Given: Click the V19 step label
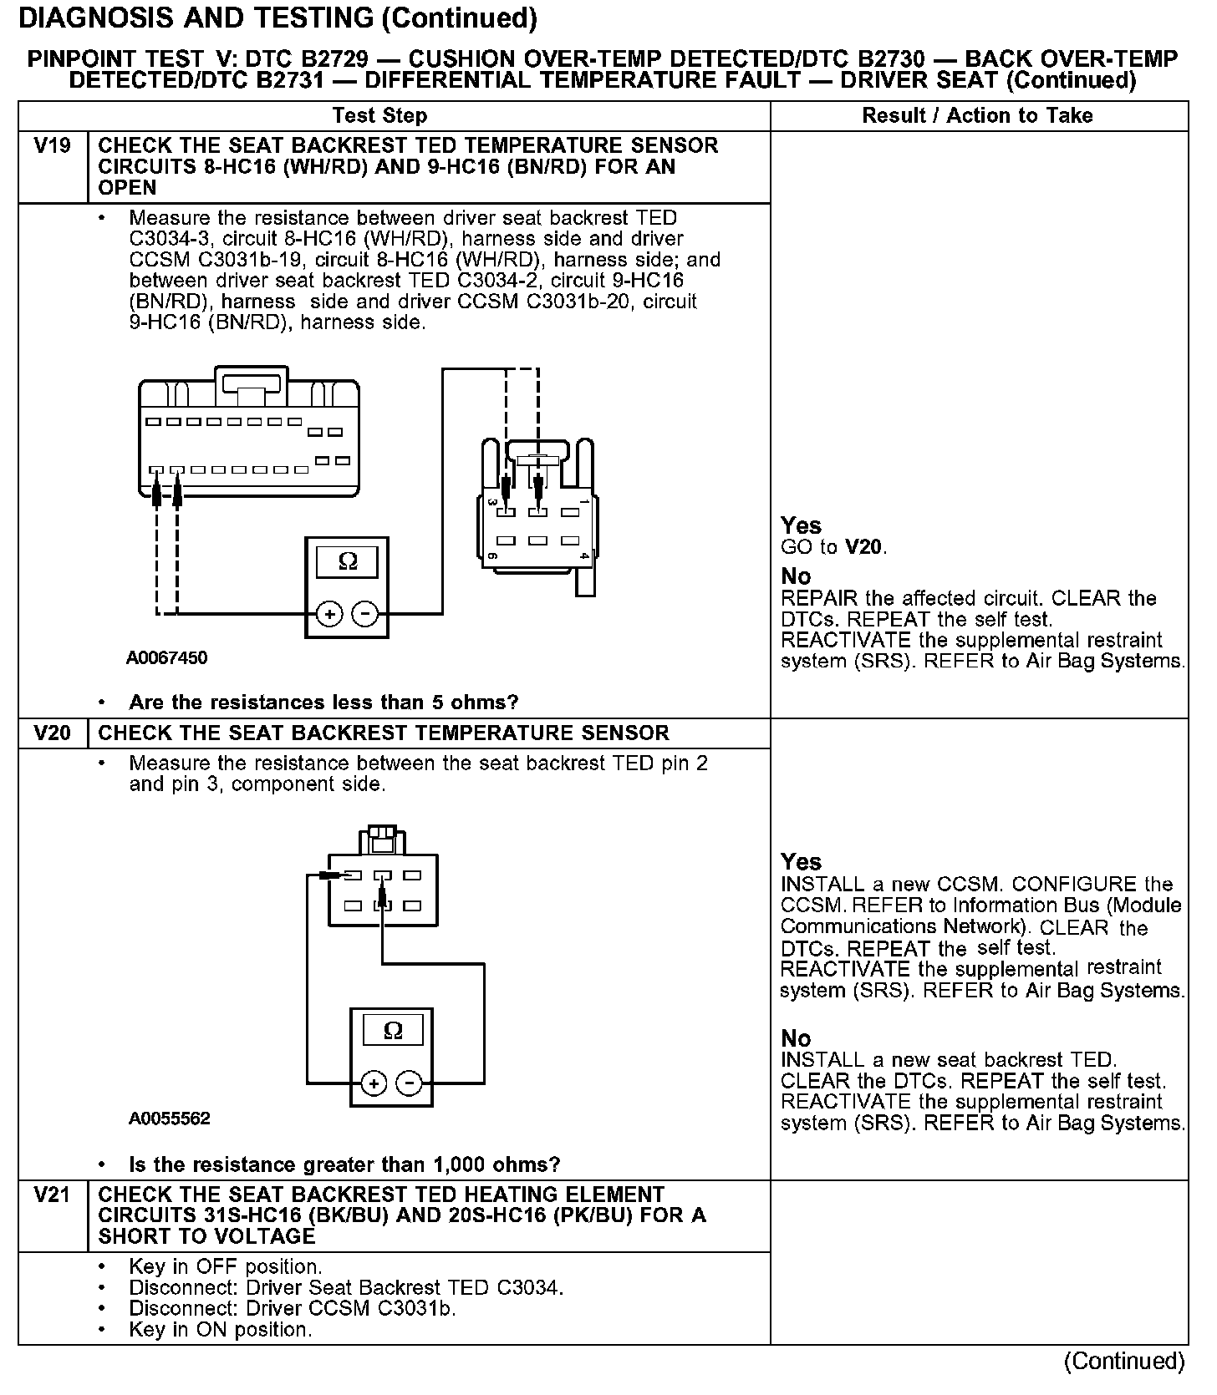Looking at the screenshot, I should click(x=52, y=146).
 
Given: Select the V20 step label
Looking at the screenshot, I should click(x=52, y=733).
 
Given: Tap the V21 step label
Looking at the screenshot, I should click(x=52, y=1195).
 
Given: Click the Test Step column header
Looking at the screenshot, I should click(x=379, y=115).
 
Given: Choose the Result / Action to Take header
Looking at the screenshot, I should click(x=977, y=115).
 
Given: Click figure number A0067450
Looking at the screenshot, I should click(x=167, y=657).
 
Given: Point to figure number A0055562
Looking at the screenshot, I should click(x=170, y=1119).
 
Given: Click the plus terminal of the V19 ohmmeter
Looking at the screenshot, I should click(x=329, y=615).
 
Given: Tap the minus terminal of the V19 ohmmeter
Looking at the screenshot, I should click(x=365, y=615).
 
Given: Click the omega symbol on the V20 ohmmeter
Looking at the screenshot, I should click(x=392, y=1031).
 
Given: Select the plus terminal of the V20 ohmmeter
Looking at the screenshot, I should click(x=374, y=1084).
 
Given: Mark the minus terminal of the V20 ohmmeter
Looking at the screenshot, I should click(x=409, y=1084).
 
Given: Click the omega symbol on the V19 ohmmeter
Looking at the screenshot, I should click(x=348, y=561).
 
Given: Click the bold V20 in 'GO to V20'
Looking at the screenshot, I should click(x=863, y=548).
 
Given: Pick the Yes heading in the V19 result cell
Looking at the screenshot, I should click(x=801, y=525).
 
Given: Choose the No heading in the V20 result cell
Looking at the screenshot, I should click(x=796, y=1038).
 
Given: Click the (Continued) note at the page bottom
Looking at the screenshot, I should click(x=1123, y=1361).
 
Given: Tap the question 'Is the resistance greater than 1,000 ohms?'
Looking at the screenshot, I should click(x=344, y=1164).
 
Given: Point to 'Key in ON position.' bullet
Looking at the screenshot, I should click(x=221, y=1329).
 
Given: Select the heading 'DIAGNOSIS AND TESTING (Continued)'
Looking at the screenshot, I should click(x=278, y=18).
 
